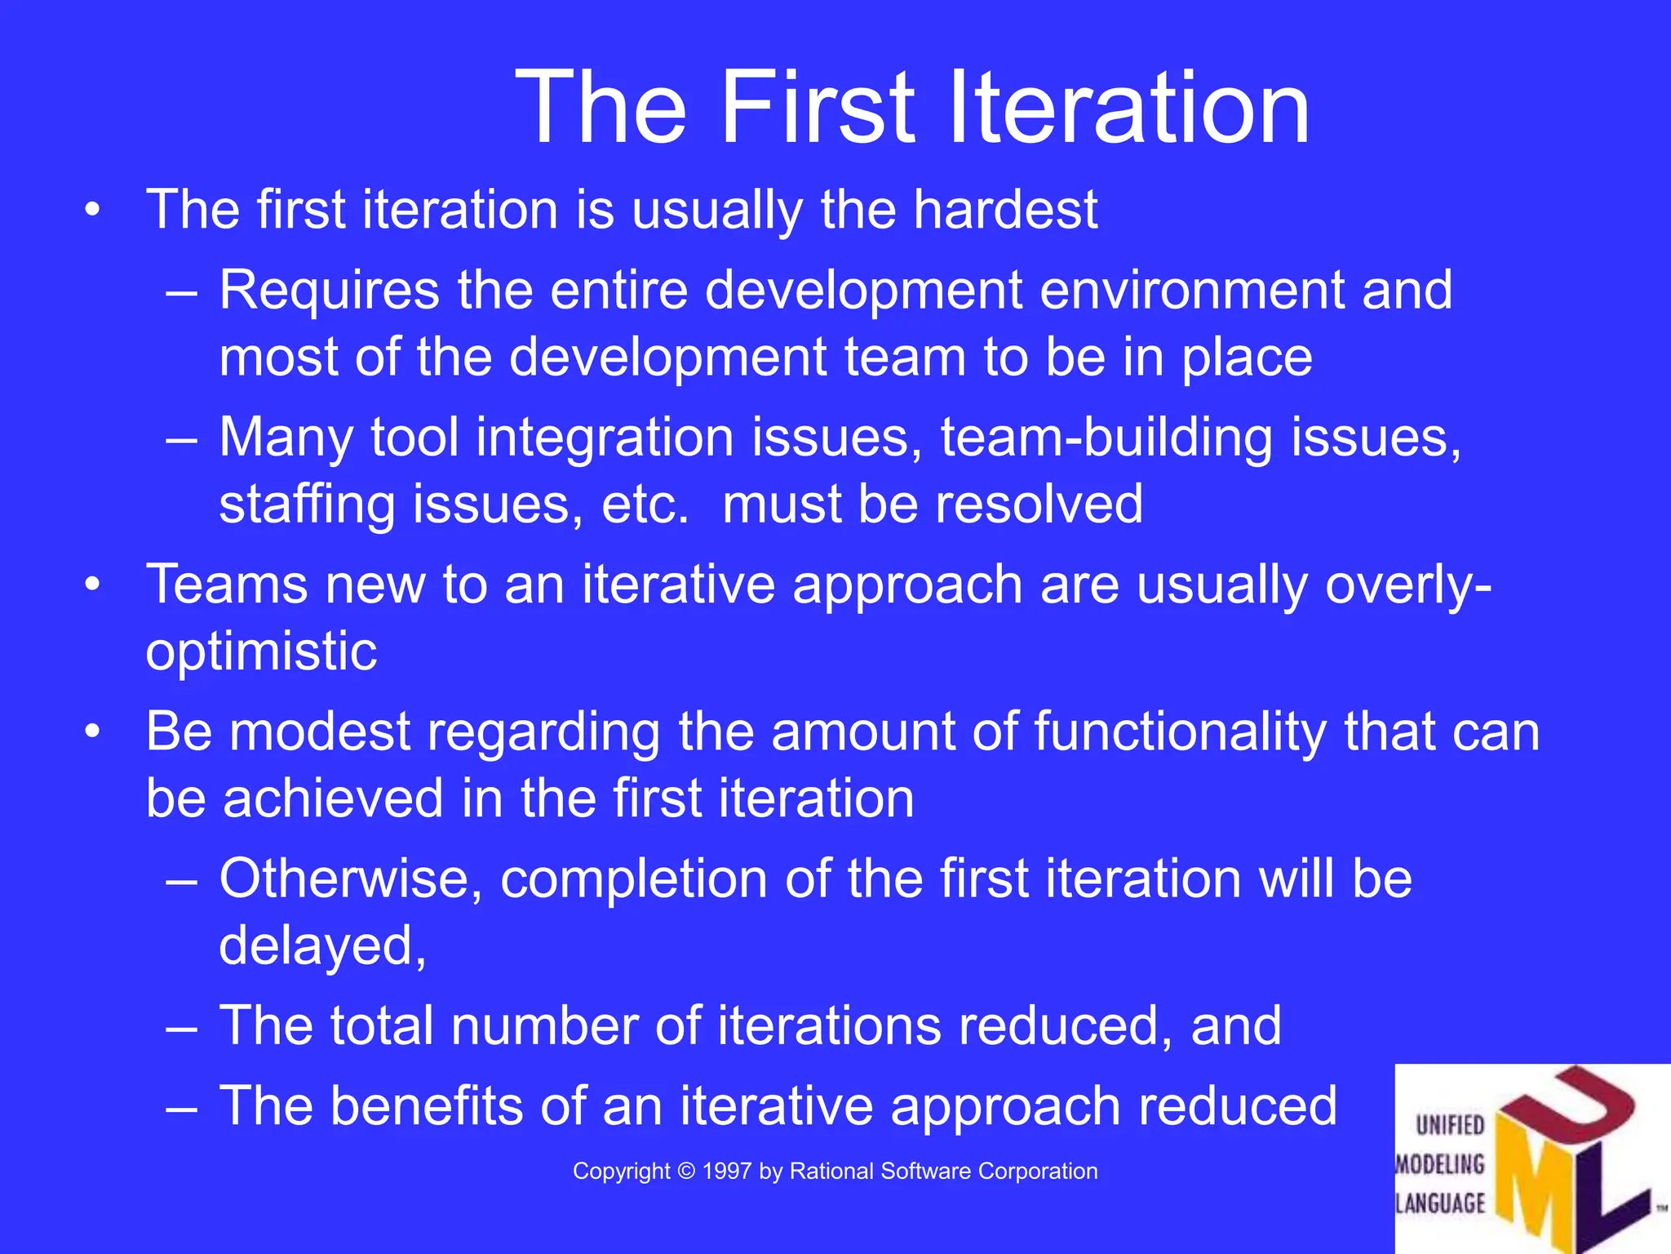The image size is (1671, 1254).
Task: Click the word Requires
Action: click(329, 291)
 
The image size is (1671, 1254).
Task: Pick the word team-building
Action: click(1106, 438)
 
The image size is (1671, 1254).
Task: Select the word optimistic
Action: click(261, 652)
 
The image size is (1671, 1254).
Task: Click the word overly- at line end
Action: click(1408, 586)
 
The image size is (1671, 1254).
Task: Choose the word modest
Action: click(320, 731)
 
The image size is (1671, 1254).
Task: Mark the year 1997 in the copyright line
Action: click(727, 1171)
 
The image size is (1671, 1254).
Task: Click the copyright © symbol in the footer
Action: click(686, 1171)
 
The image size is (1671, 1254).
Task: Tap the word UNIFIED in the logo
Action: click(1450, 1125)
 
